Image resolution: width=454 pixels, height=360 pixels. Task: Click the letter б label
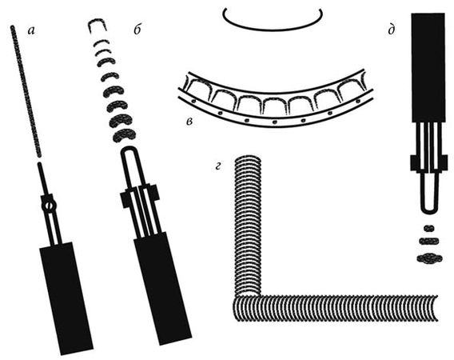click(x=137, y=30)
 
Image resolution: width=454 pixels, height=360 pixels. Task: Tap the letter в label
click(x=189, y=122)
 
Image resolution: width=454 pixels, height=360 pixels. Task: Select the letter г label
click(x=218, y=166)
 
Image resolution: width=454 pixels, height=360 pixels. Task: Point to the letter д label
click(x=392, y=30)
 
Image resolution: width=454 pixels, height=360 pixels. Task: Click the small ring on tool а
click(x=49, y=206)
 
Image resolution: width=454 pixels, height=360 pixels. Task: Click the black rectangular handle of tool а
click(x=66, y=298)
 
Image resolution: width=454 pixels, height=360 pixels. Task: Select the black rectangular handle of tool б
click(x=162, y=288)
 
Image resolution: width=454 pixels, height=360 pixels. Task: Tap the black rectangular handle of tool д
click(x=428, y=67)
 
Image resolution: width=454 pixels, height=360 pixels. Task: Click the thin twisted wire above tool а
click(x=26, y=91)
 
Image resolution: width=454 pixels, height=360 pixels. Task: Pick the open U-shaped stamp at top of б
click(x=97, y=25)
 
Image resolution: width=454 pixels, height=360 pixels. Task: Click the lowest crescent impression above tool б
click(x=124, y=136)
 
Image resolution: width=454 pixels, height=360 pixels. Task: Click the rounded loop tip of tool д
click(x=428, y=211)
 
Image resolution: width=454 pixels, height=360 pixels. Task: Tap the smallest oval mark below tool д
click(x=429, y=228)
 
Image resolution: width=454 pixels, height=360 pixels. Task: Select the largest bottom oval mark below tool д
click(x=429, y=258)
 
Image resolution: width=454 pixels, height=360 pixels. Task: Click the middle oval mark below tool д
click(x=429, y=241)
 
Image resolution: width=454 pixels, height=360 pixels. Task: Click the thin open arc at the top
click(x=273, y=29)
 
